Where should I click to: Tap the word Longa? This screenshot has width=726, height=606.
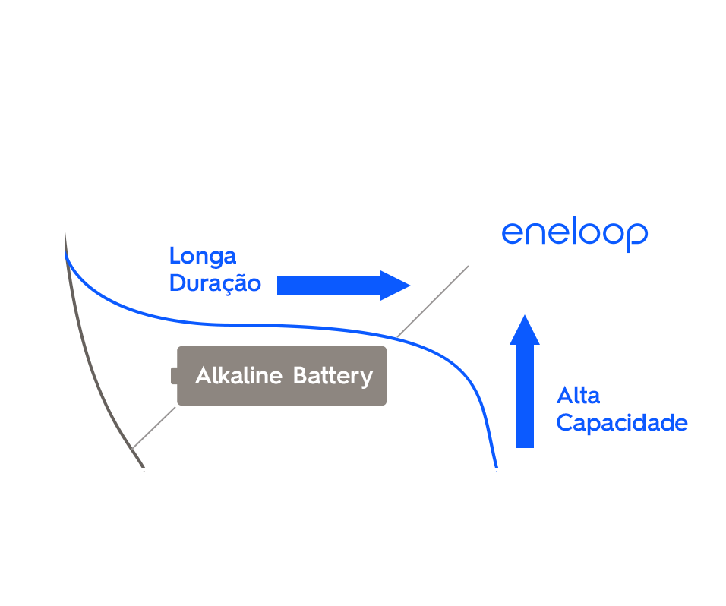coord(203,256)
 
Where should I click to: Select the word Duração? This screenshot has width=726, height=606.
coord(215,284)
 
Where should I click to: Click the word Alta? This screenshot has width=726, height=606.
coord(578,396)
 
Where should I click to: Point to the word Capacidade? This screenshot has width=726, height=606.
coord(621,423)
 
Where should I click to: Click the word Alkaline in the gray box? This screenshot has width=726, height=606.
coord(238,376)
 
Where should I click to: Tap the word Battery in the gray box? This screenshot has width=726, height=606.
coord(333,377)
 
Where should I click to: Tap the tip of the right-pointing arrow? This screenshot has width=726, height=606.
coord(409,286)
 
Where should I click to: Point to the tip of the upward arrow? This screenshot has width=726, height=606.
coord(525,316)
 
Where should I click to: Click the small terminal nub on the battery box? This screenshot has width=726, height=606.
coord(174,376)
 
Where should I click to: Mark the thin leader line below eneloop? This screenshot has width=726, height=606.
coord(433,301)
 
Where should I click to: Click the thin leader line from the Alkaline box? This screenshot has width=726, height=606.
coord(154,428)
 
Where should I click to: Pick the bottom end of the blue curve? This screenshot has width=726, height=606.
coord(496,467)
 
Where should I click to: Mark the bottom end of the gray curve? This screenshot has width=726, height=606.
coord(142,465)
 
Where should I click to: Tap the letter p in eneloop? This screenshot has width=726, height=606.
coord(636,235)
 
